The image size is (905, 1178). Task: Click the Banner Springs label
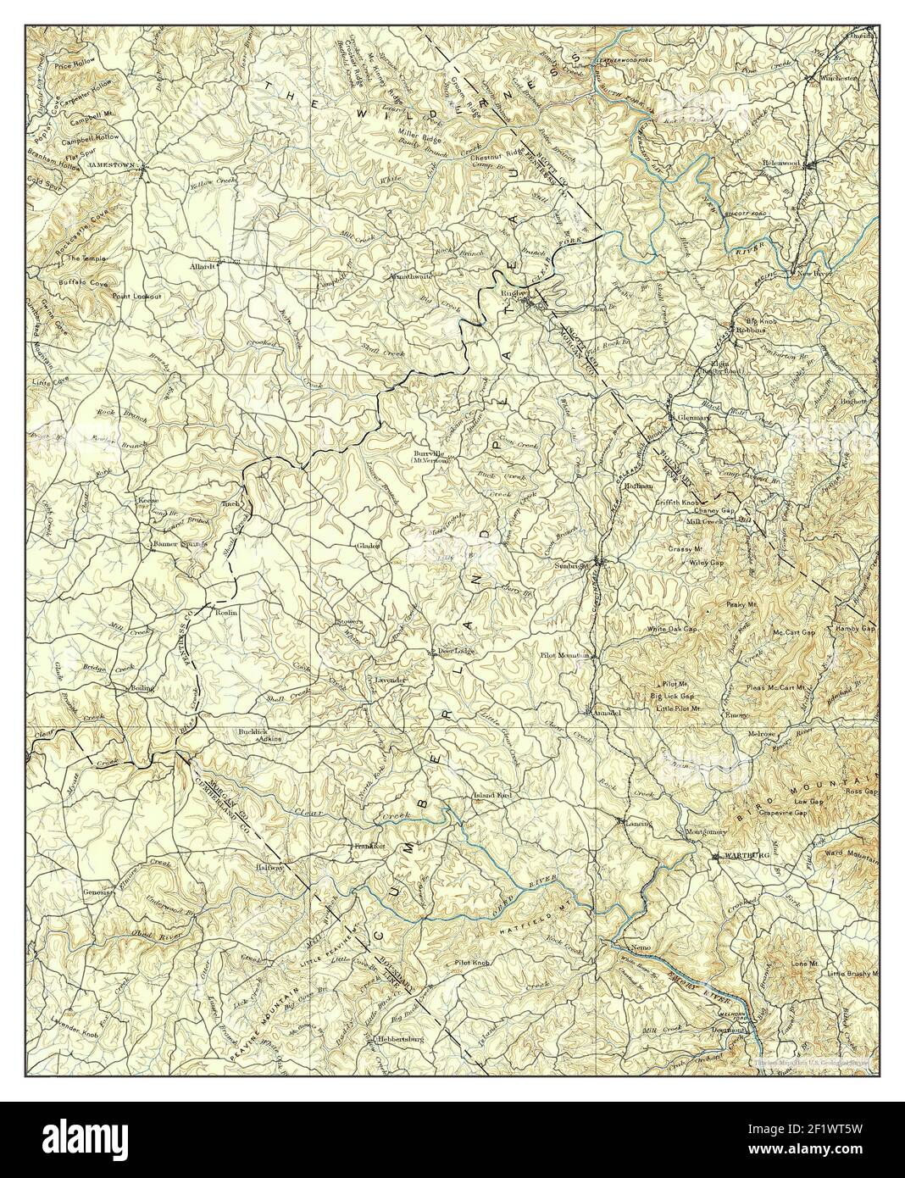[179, 543]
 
